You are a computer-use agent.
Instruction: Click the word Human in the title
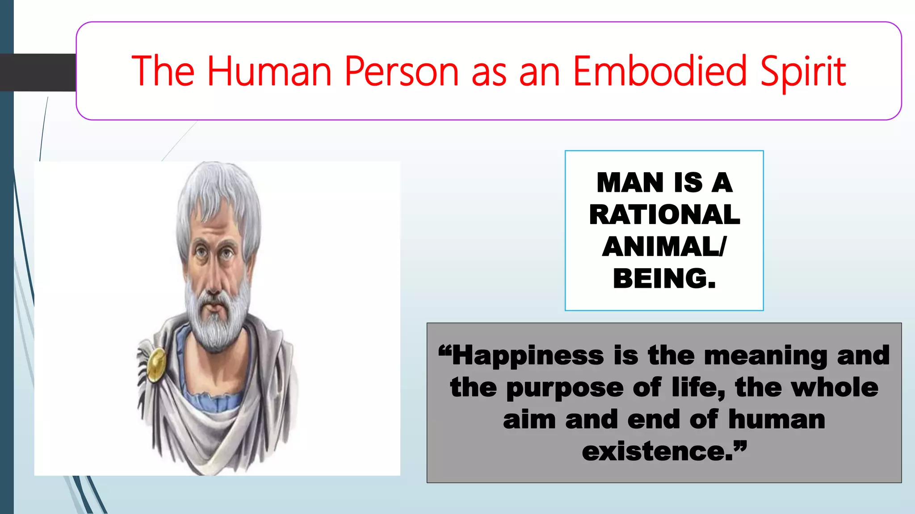point(269,71)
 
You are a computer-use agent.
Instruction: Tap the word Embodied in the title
point(659,71)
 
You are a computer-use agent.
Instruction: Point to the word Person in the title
point(401,71)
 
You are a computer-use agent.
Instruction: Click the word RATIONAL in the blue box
point(664,215)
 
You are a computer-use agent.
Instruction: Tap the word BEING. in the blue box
point(664,278)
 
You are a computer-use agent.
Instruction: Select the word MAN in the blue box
point(630,183)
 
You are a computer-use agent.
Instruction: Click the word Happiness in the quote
point(528,356)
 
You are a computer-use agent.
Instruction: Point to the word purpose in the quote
point(565,388)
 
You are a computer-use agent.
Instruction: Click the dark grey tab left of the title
point(38,72)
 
